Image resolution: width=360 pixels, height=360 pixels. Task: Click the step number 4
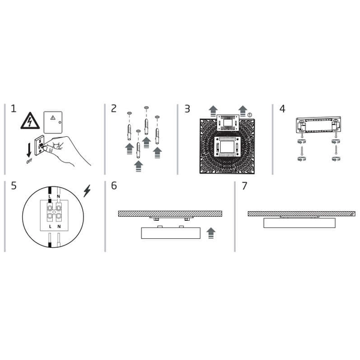(x=282, y=109)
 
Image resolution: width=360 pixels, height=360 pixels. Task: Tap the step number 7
(x=244, y=185)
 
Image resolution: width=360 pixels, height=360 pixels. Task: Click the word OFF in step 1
(x=28, y=161)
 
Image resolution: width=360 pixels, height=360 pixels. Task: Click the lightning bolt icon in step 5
(x=88, y=191)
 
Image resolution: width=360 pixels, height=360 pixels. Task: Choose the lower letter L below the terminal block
(x=50, y=227)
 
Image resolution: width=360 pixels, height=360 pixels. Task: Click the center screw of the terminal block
(x=55, y=212)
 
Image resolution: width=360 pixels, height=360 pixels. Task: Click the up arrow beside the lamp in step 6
(x=210, y=233)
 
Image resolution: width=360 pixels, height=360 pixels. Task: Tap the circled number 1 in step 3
(x=250, y=114)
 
